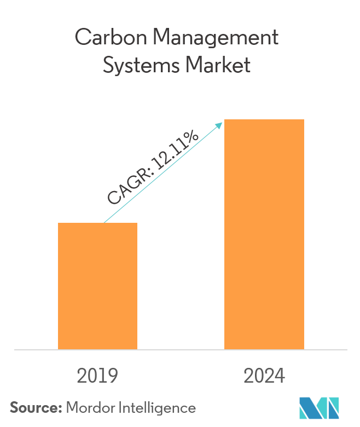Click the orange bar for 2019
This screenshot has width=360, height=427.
coord(97,286)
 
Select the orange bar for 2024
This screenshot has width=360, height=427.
coord(264,234)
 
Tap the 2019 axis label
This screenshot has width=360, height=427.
coord(97,377)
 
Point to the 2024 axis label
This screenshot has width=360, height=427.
coord(264,377)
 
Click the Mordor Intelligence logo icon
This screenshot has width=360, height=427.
coord(320,407)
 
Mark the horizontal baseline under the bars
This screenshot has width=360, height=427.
coord(180,349)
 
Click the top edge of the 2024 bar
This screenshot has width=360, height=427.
coord(264,120)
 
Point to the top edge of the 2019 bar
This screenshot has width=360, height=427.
coord(97,223)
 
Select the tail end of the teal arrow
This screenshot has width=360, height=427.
coord(104,222)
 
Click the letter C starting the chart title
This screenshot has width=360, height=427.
coord(82,38)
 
